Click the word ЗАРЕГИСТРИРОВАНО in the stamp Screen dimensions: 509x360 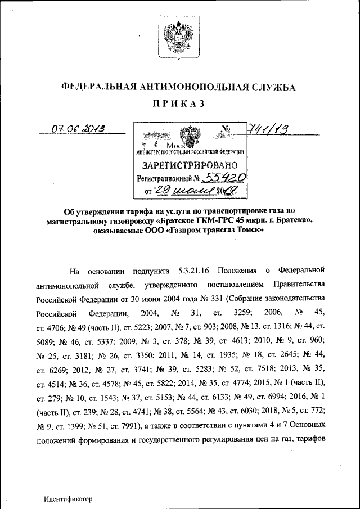tap(190, 165)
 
